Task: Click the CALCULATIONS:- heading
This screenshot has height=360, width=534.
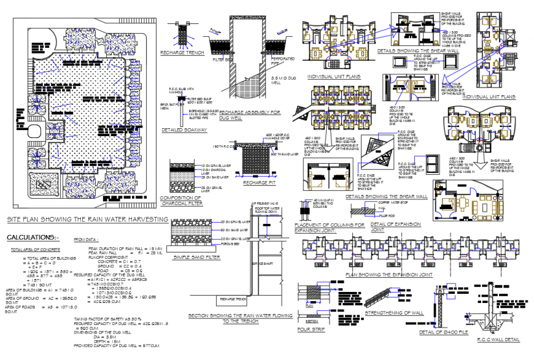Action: (x=33, y=237)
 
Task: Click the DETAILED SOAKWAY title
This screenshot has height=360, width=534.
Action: (x=183, y=130)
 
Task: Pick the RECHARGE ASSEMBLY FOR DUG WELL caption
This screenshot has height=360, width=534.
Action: (x=249, y=115)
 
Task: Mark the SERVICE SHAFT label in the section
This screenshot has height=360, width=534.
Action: (x=261, y=264)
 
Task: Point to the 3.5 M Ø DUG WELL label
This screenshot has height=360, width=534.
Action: (x=284, y=81)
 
